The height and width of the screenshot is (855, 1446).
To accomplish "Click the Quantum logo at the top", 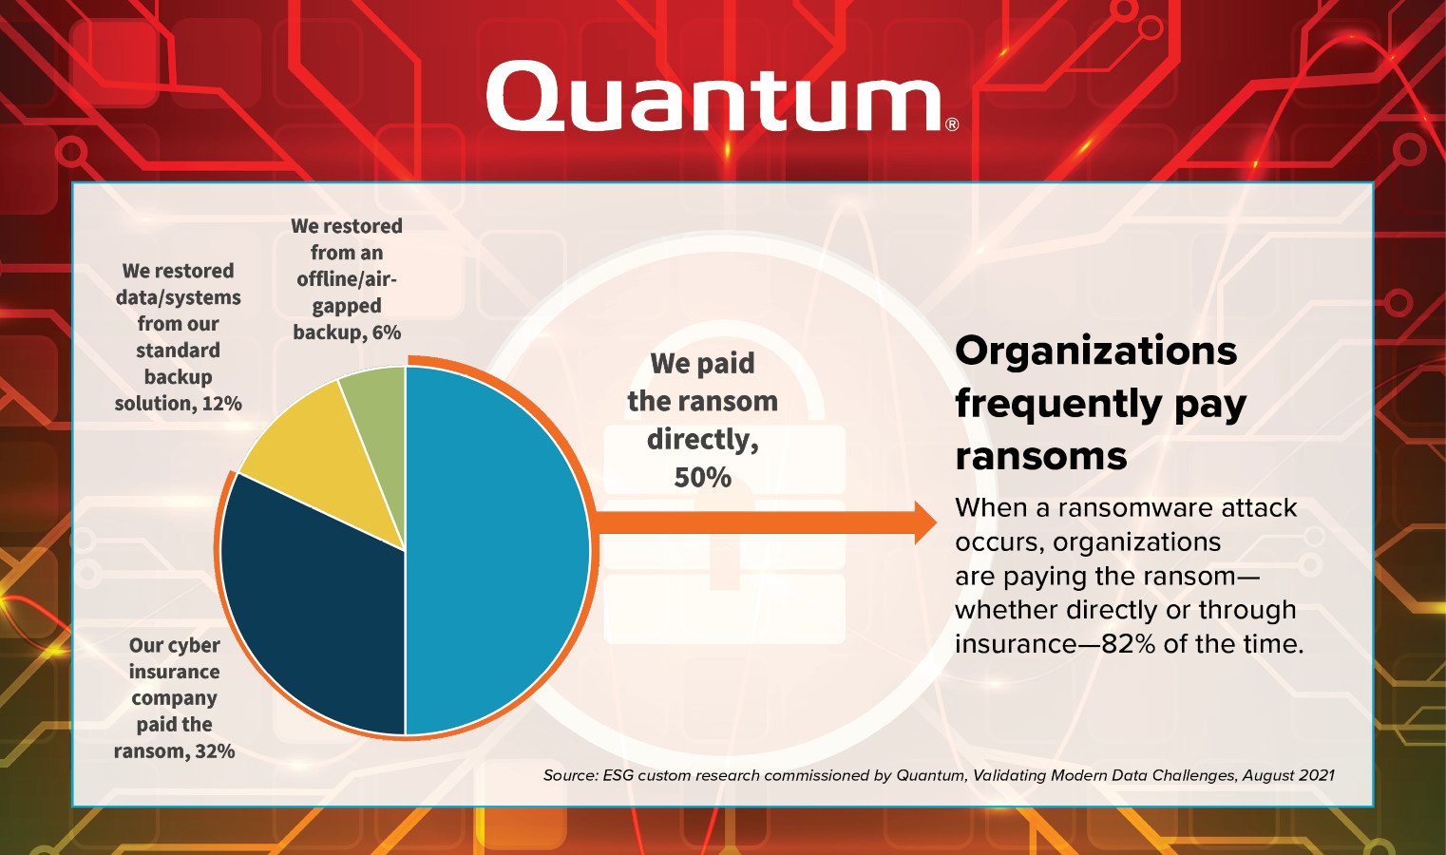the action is click(722, 97).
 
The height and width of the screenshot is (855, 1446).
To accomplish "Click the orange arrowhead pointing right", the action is click(925, 522).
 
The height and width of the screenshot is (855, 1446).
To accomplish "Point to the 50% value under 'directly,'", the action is click(702, 478).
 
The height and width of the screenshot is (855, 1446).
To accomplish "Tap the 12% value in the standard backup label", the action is click(221, 404).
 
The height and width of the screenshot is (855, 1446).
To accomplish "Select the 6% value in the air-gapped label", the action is click(386, 332).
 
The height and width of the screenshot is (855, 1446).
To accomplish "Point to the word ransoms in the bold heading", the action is click(1040, 456).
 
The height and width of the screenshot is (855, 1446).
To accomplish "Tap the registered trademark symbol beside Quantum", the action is click(952, 124).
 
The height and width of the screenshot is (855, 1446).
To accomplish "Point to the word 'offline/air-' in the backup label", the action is click(347, 278).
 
